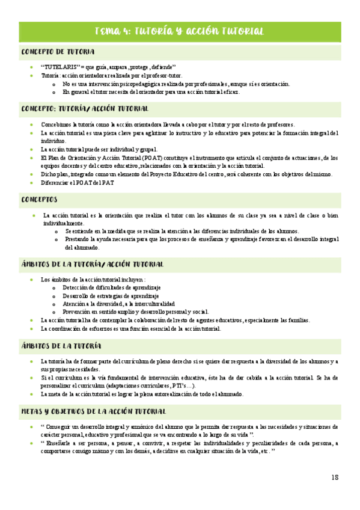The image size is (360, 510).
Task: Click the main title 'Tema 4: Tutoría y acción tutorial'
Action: (x=180, y=31)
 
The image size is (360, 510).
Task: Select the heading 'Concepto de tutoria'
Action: (x=58, y=52)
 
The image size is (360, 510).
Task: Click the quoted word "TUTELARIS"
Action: (x=58, y=67)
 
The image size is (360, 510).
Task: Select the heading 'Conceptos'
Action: (x=39, y=198)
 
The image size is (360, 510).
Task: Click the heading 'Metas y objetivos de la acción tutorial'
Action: (x=94, y=411)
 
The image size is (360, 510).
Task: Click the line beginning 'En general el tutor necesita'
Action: (x=150, y=92)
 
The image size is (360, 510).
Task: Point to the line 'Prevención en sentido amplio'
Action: (x=135, y=312)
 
